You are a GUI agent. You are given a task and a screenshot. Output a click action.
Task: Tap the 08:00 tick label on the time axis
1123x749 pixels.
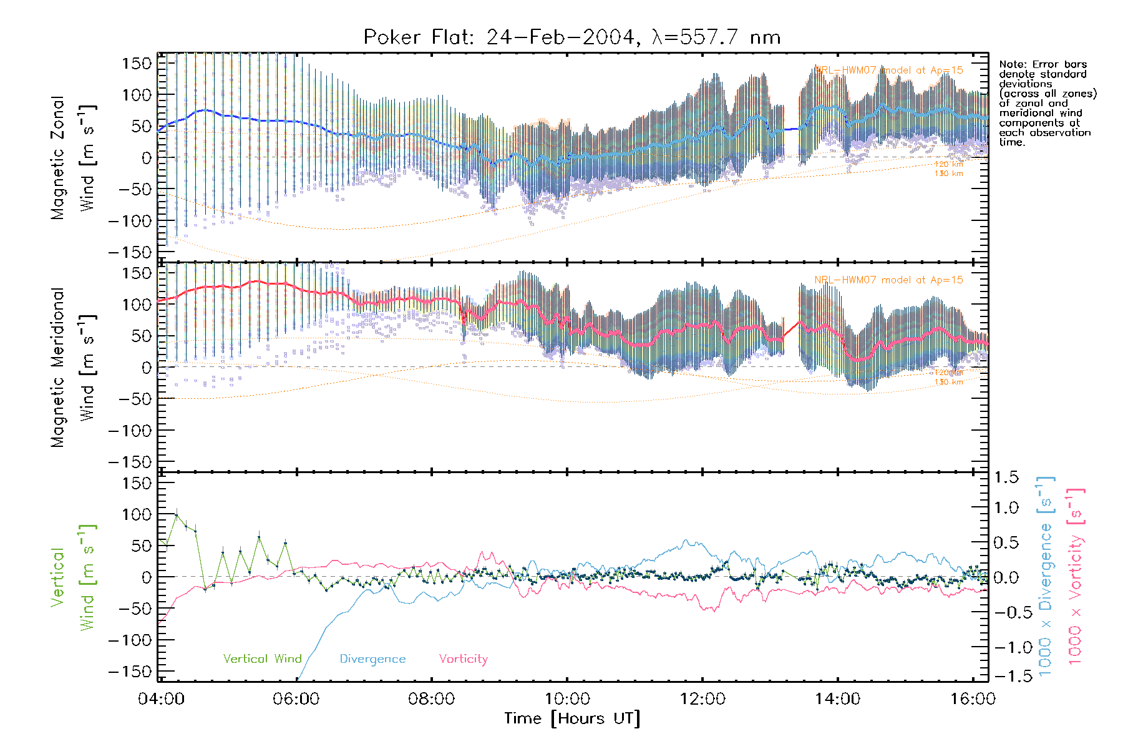coord(431,698)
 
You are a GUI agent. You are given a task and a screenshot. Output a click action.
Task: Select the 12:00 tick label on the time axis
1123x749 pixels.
coord(702,698)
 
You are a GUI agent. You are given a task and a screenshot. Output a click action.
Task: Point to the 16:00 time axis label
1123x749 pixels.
coord(972,698)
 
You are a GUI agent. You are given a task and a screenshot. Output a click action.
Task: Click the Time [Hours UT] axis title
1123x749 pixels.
coord(571,718)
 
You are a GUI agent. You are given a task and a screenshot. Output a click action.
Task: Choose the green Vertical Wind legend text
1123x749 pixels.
coord(262,658)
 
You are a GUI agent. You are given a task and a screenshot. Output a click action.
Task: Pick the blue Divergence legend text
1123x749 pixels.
coord(372,658)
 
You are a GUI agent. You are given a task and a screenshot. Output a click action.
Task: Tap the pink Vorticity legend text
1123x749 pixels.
coord(463,658)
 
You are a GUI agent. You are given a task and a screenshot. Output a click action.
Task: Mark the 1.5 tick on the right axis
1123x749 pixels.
coord(1006,477)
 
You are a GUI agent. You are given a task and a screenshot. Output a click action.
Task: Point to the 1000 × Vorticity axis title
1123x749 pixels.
coord(1076,576)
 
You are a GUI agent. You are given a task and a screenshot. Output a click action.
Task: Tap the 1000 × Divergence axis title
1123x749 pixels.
coord(1046,576)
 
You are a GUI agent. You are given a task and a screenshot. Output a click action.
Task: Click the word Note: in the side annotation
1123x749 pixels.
coord(1013,64)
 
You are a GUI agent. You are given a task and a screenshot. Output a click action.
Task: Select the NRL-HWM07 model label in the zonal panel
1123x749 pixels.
coord(888,71)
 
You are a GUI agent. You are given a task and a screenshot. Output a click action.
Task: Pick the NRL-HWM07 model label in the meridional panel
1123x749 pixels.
coord(888,280)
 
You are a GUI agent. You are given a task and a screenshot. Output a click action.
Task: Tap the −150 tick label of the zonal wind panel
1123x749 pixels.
coord(130,252)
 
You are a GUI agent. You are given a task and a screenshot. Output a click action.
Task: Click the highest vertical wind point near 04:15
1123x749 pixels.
coord(177,516)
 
